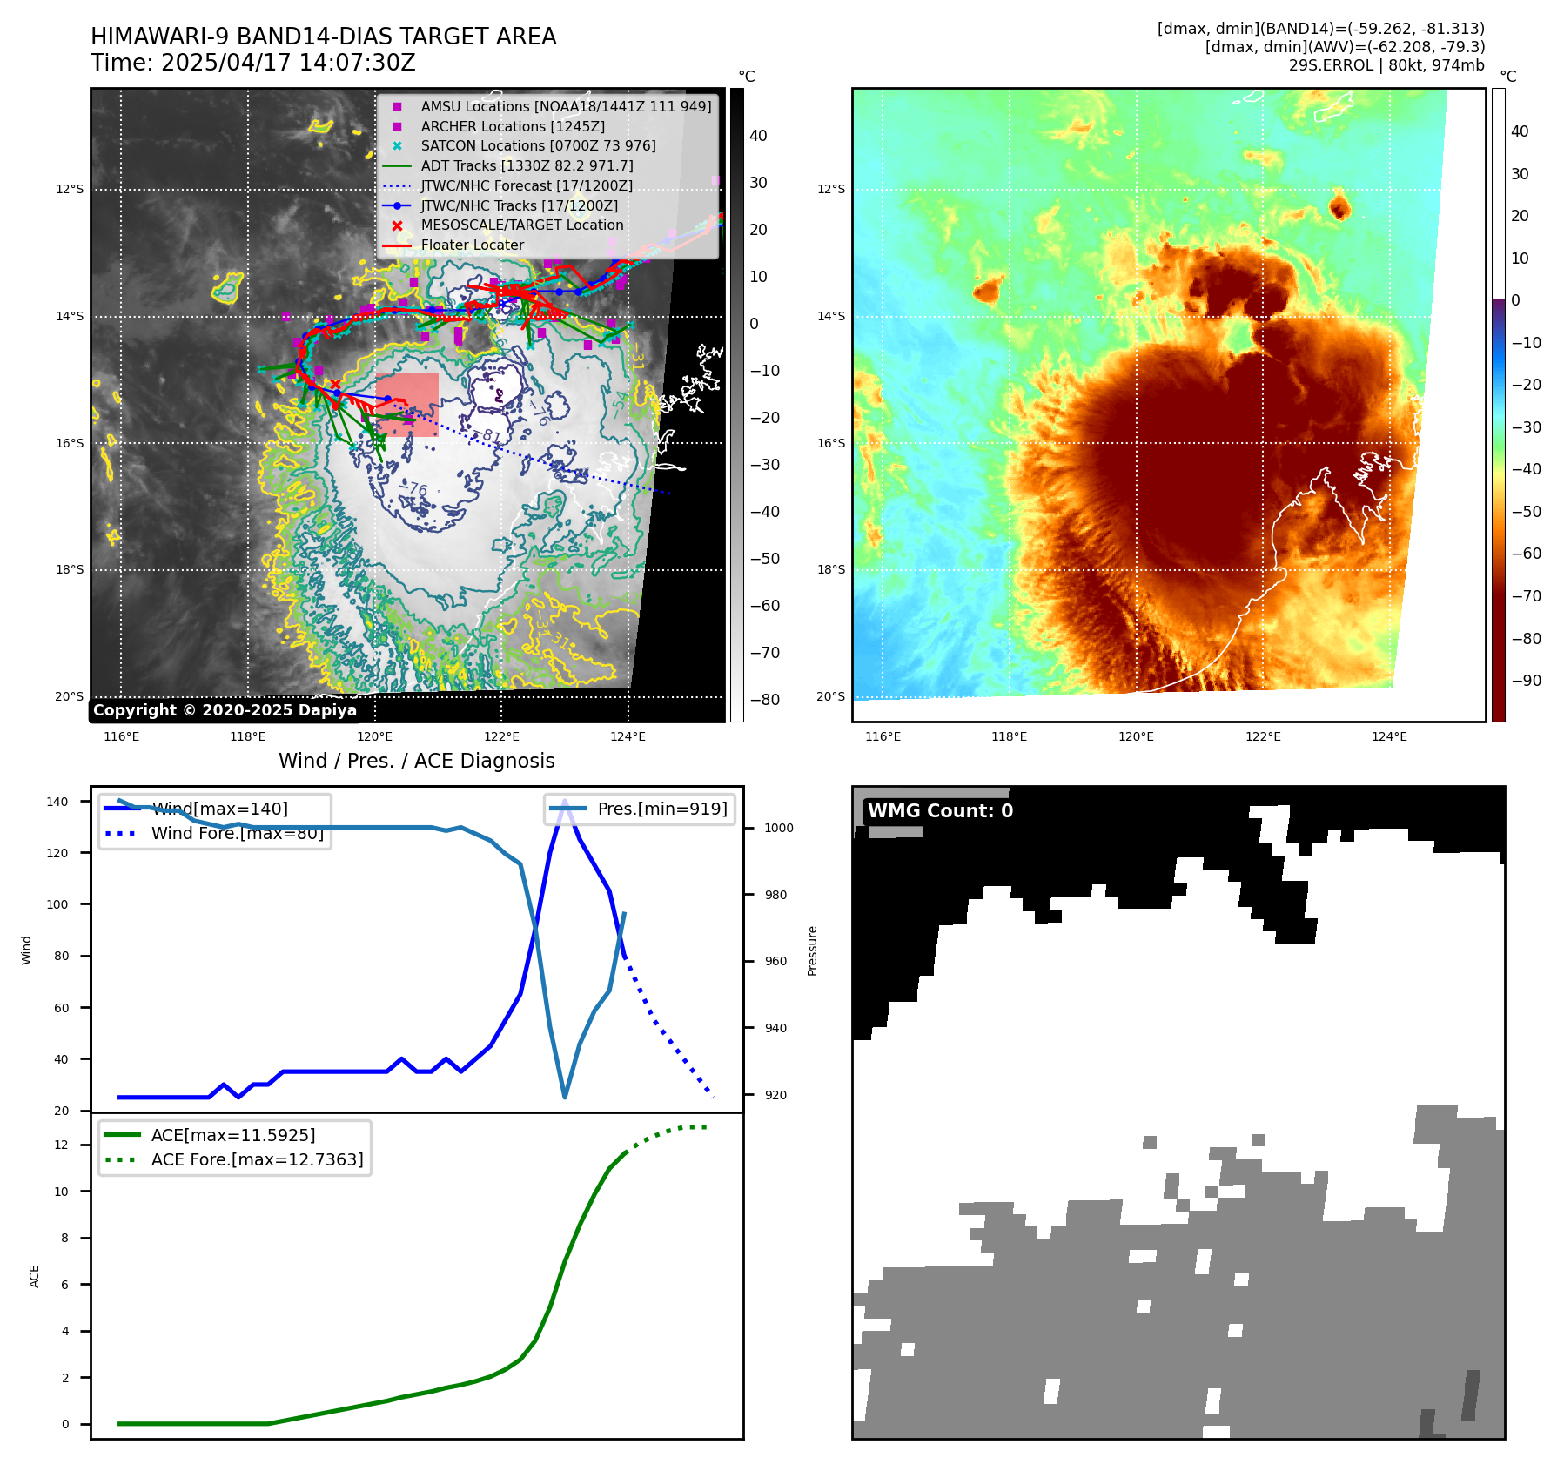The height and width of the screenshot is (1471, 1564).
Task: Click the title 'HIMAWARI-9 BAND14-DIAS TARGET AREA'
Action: pyautogui.click(x=323, y=37)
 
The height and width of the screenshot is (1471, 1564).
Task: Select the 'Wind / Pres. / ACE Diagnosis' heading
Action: pyautogui.click(x=416, y=761)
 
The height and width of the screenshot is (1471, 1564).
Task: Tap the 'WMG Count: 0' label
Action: pyautogui.click(x=940, y=810)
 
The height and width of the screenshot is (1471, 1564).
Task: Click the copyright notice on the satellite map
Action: pyautogui.click(x=225, y=710)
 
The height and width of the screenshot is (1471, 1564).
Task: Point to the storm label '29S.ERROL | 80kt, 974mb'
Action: pyautogui.click(x=1386, y=65)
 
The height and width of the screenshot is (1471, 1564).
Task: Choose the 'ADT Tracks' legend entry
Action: pyautogui.click(x=527, y=165)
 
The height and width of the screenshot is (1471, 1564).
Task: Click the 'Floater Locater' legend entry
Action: pyautogui.click(x=472, y=245)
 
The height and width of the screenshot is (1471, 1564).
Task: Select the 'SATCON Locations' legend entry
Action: pyautogui.click(x=538, y=145)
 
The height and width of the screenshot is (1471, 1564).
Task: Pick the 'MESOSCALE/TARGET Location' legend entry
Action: pyautogui.click(x=521, y=225)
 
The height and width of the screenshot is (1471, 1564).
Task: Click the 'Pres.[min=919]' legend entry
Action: pyautogui.click(x=661, y=809)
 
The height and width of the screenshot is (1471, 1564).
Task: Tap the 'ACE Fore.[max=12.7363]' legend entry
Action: pyautogui.click(x=257, y=1159)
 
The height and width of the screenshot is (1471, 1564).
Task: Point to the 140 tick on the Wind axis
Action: pyautogui.click(x=57, y=802)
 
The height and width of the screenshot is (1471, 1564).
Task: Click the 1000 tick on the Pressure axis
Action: pyautogui.click(x=778, y=828)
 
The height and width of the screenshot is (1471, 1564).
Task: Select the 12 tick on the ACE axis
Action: pyautogui.click(x=61, y=1145)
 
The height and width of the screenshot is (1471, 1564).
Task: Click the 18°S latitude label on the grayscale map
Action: pyautogui.click(x=70, y=569)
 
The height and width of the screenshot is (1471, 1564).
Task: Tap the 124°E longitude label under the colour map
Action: pyautogui.click(x=1389, y=736)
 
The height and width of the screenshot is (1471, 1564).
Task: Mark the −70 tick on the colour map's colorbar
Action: pyautogui.click(x=1526, y=596)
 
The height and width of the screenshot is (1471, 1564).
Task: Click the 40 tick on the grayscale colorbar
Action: pyautogui.click(x=758, y=136)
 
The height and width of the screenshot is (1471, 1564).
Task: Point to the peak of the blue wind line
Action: pyautogui.click(x=565, y=801)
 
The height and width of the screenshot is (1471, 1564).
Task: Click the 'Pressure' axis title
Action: pyautogui.click(x=812, y=950)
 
